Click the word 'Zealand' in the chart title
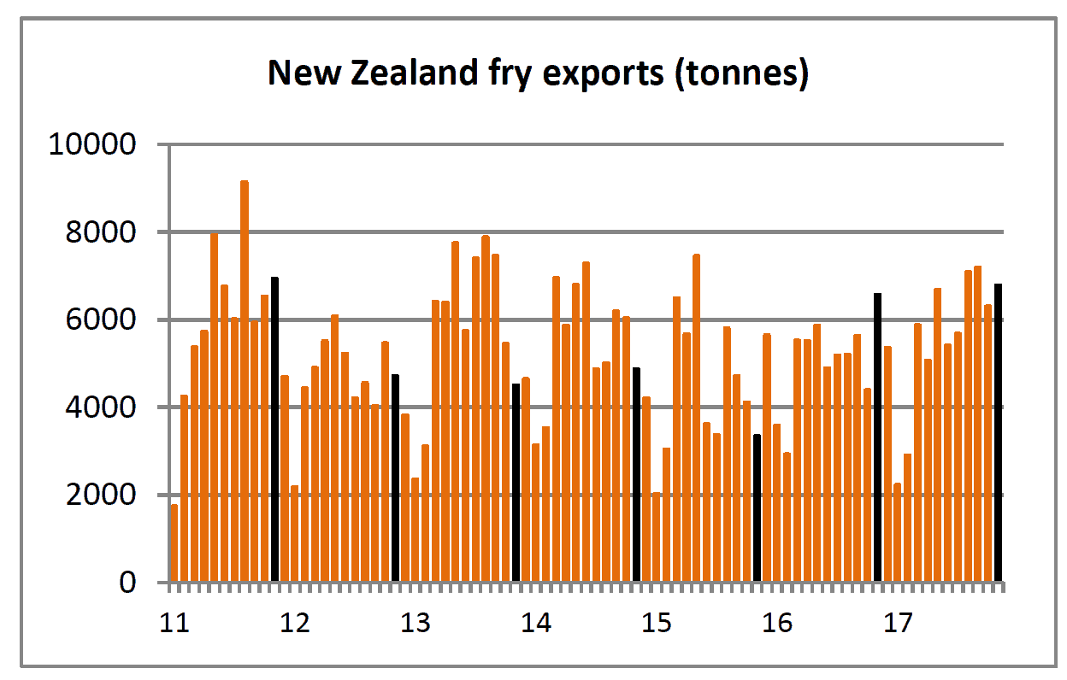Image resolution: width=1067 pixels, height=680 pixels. [x=415, y=73]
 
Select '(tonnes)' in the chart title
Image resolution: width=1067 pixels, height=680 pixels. [x=741, y=74]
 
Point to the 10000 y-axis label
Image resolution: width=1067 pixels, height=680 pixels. [x=92, y=144]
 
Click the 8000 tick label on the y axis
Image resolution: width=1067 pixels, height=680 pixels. [x=101, y=232]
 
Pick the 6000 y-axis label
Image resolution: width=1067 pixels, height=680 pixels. [x=101, y=319]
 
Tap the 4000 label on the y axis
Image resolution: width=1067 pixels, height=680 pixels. [x=101, y=407]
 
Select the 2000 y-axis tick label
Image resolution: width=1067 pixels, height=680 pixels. [x=101, y=495]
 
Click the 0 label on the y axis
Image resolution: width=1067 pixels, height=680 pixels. [x=127, y=583]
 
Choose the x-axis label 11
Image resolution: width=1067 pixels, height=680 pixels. [x=174, y=623]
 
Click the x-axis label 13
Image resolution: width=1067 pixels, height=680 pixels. [x=416, y=623]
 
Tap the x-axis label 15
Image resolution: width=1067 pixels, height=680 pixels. [x=657, y=623]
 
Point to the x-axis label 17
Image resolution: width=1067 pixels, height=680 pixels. [x=898, y=623]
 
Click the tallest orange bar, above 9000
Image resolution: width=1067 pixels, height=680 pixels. [x=245, y=381]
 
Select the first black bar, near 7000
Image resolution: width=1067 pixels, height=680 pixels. [x=274, y=429]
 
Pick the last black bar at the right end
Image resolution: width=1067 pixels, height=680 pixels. [x=998, y=432]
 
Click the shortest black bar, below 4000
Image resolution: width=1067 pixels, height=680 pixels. [x=757, y=507]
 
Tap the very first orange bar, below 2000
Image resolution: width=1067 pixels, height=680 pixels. [x=174, y=543]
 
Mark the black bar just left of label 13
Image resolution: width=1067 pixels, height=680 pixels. [x=395, y=478]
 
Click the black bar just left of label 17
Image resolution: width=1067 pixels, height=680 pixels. [x=877, y=437]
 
